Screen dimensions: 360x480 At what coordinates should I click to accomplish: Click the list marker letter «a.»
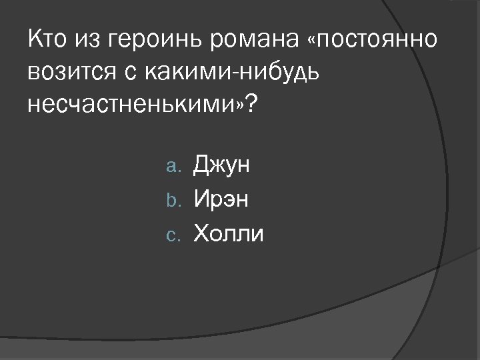point(177,166)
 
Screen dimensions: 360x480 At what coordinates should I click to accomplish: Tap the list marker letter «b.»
point(177,199)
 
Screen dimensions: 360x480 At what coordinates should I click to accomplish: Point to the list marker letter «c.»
point(177,234)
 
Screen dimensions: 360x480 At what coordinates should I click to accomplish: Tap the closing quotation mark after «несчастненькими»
point(237,103)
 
